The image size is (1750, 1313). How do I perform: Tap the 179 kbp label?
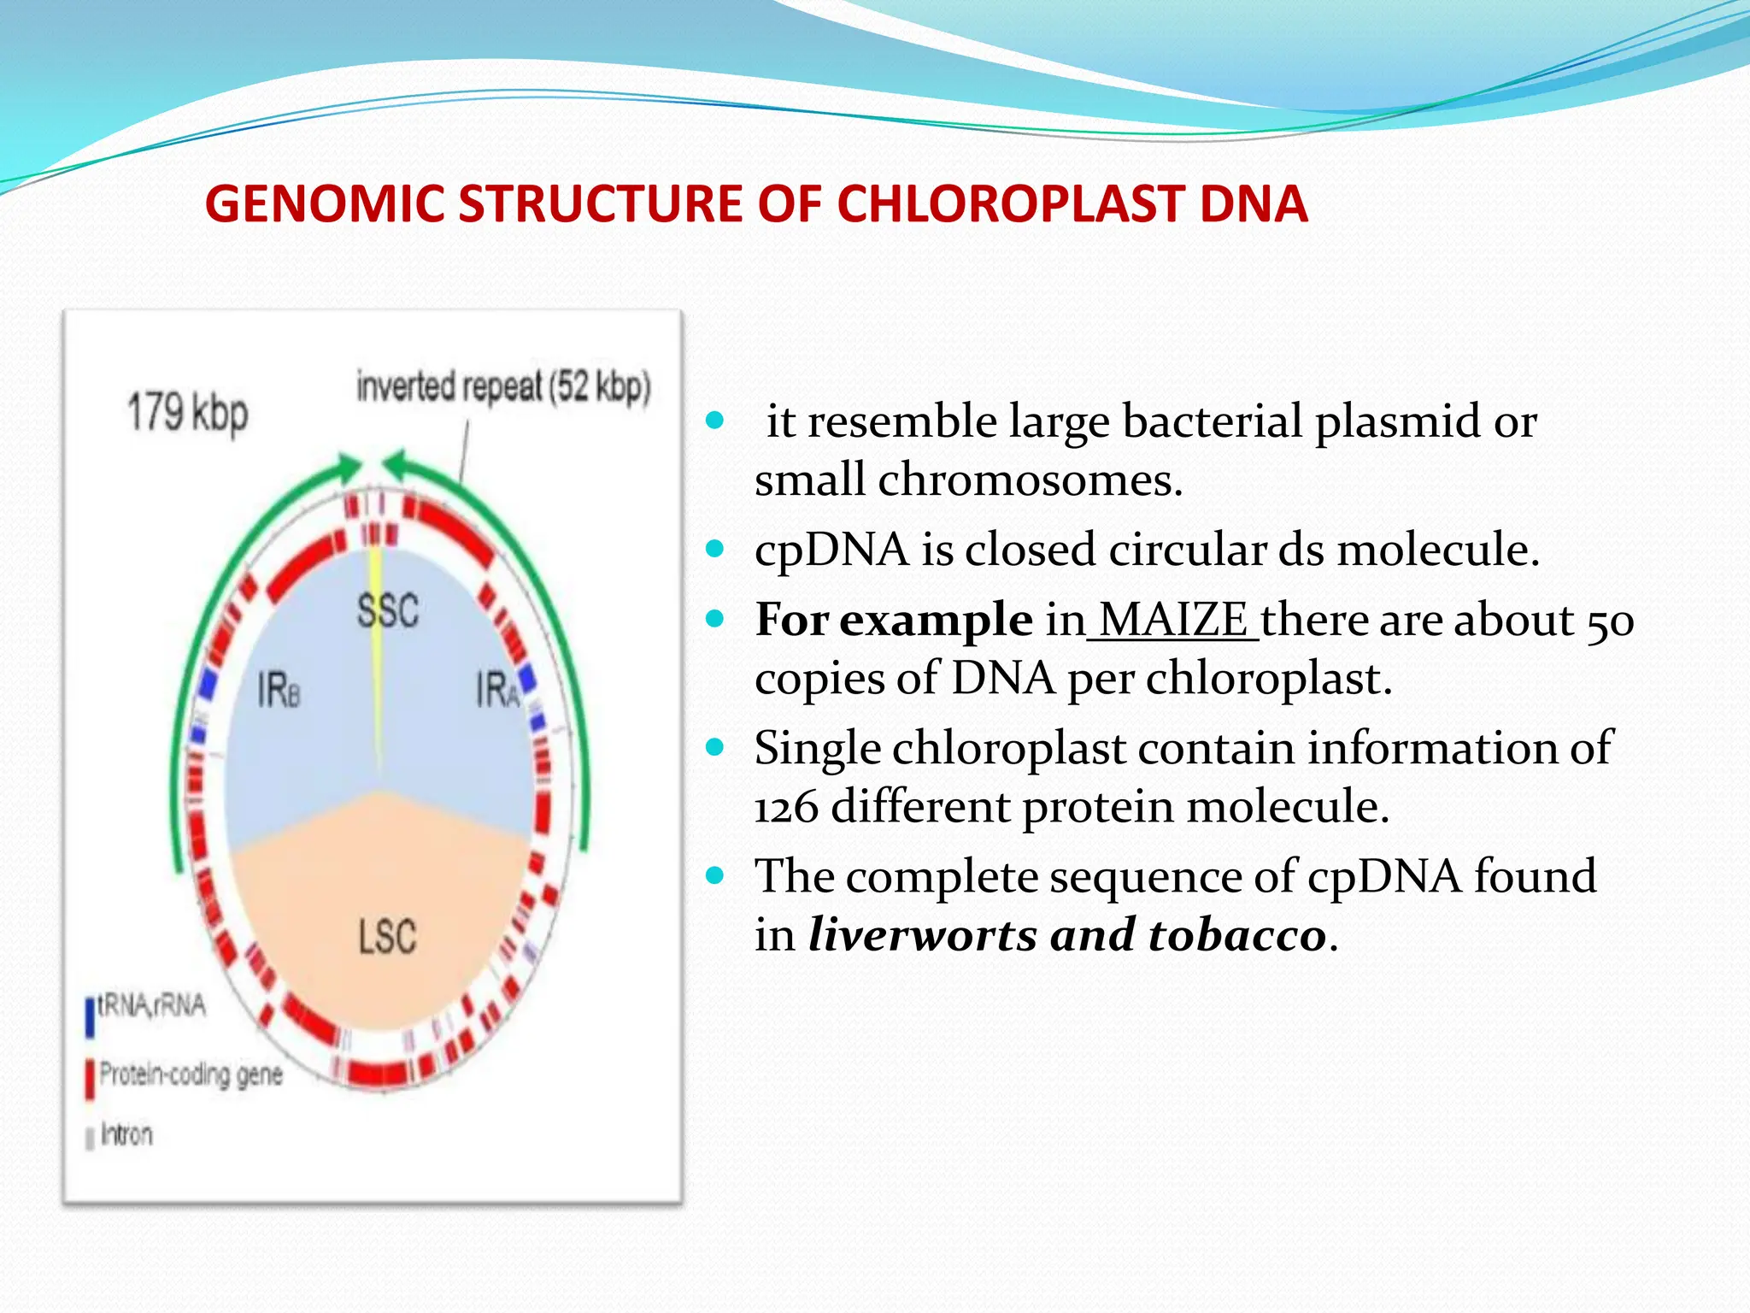pos(188,413)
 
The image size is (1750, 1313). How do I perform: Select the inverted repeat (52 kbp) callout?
pos(503,386)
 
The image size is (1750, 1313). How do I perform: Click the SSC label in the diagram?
pos(388,610)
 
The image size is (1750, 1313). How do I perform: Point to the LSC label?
pos(387,937)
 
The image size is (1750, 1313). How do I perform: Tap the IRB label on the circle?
pos(279,689)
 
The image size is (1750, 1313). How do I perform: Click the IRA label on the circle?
pos(497,689)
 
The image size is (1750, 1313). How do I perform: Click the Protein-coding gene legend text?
pos(191,1075)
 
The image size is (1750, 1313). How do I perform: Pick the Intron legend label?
pos(126,1134)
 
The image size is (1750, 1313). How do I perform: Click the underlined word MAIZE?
pos(1172,619)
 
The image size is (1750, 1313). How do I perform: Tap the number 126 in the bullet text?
pos(786,806)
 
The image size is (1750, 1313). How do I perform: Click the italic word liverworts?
pos(922,934)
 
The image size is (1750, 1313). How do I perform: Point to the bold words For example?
pos(893,619)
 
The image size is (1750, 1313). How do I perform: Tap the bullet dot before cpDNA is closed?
pos(716,548)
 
